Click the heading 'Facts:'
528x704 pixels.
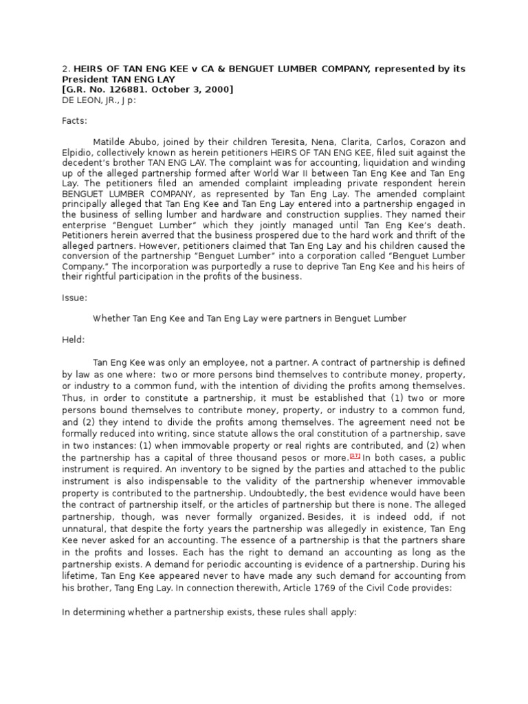pos(74,120)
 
